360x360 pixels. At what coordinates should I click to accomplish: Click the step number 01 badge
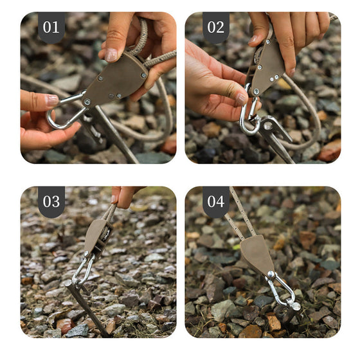51,27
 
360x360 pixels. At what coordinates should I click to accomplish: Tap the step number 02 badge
216,27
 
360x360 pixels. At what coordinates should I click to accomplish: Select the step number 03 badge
51,201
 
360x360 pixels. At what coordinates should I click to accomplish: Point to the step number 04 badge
216,201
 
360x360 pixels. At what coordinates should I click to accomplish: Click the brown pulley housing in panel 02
266,67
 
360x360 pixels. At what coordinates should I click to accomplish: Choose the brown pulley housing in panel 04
258,255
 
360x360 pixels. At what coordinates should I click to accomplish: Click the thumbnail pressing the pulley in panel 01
111,55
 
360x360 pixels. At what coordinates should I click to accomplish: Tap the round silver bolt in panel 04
271,274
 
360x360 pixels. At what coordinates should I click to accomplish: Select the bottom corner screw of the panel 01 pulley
87,102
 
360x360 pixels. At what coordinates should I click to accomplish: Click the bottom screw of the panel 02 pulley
256,91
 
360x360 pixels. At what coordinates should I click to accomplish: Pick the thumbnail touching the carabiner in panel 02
240,99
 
